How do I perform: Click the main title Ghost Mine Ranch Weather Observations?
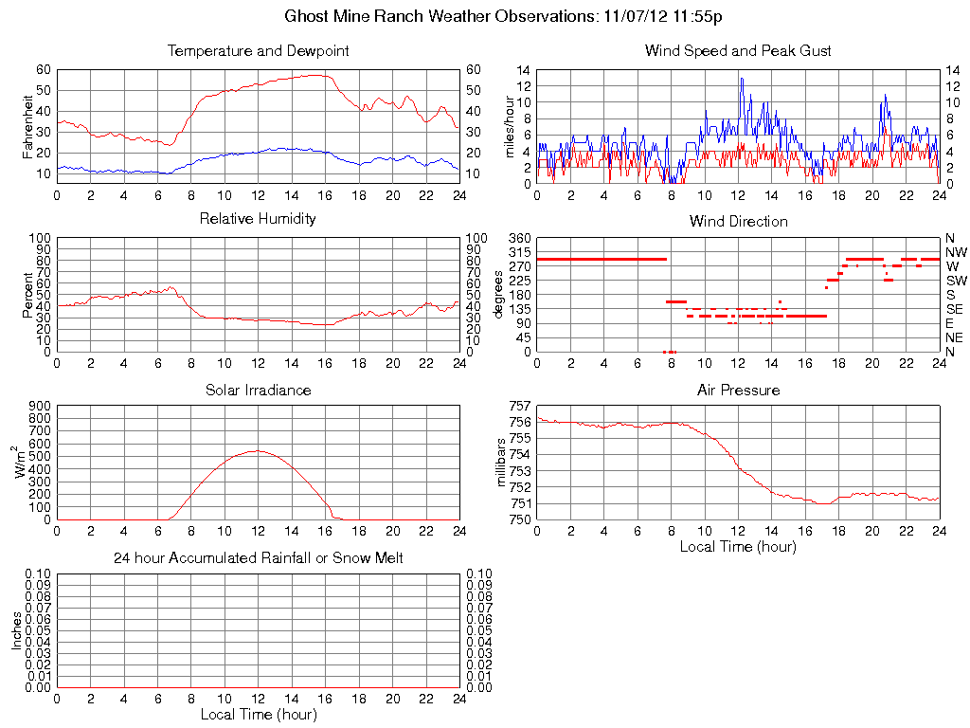point(505,16)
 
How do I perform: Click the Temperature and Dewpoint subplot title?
point(258,50)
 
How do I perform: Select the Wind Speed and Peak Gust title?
point(738,50)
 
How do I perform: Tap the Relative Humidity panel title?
point(258,219)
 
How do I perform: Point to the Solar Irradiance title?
point(258,390)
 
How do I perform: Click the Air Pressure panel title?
point(738,390)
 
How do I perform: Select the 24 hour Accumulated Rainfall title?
point(258,558)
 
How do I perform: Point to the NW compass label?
point(955,252)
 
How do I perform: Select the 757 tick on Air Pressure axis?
point(520,406)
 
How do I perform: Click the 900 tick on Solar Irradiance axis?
point(39,406)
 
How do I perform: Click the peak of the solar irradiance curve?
point(258,451)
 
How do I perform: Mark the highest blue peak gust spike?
point(742,78)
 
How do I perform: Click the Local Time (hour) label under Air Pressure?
point(738,546)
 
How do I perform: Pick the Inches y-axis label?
point(17,629)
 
